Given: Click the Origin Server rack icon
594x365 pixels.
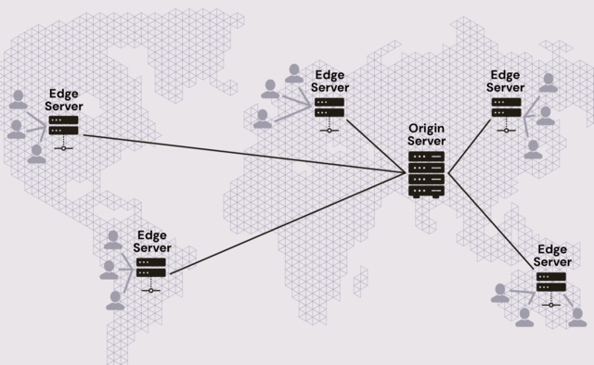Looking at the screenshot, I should pos(427,172).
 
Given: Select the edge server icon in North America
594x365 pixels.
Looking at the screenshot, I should pos(63,125).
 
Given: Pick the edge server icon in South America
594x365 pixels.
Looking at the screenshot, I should pos(151,268).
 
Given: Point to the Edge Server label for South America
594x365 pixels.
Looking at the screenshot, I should pos(151,242).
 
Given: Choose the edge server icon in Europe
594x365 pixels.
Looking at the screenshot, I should pos(329,107).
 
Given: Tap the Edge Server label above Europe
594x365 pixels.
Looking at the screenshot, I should pos(330,81).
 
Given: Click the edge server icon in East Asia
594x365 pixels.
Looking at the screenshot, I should pos(507,107).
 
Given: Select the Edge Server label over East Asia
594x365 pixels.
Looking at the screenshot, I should pos(507,81).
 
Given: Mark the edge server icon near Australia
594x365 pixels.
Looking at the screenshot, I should pos(551,282).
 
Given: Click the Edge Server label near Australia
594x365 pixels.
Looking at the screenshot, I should pos(552,256).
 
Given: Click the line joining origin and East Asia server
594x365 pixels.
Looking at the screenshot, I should pos(469,145).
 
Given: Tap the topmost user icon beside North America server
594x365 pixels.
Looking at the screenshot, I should pos(19,99).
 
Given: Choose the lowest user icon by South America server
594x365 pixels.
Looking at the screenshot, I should pos(115,300).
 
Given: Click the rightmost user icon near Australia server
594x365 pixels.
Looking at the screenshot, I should pos(577,317).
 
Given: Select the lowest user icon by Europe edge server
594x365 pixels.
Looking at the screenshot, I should pos(263,119).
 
